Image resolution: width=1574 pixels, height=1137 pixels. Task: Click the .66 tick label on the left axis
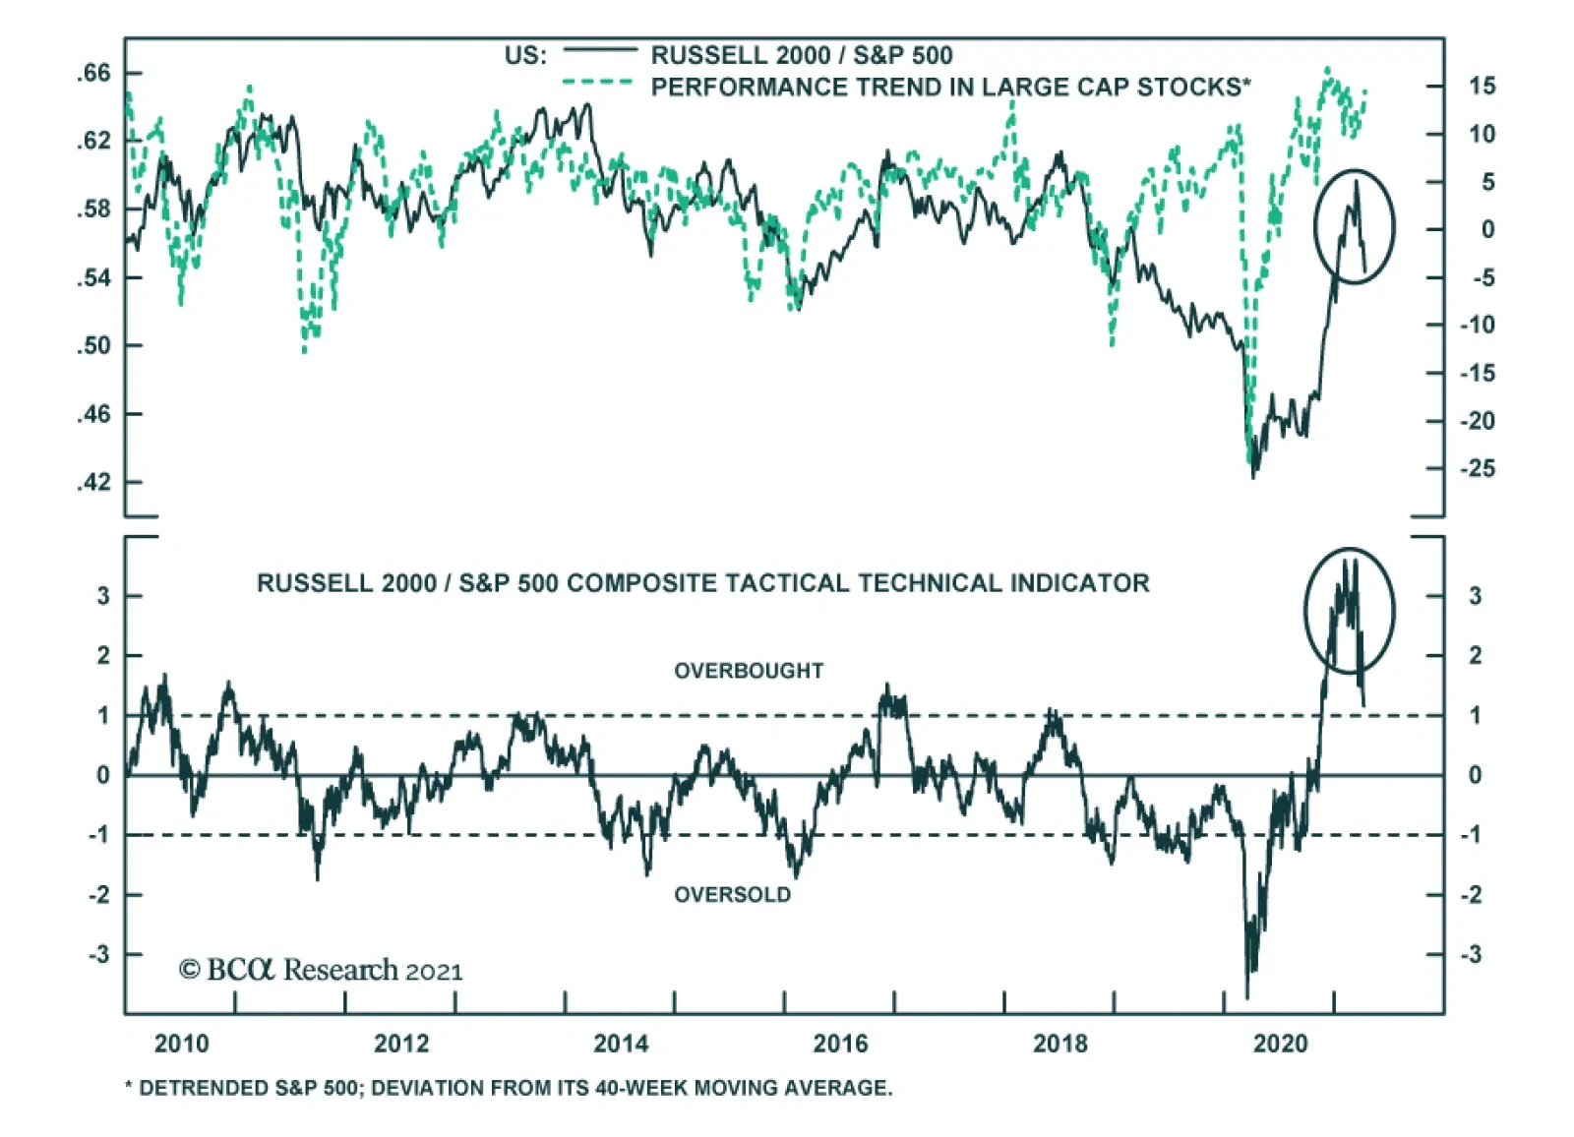point(94,74)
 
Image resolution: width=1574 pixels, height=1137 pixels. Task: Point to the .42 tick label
point(94,482)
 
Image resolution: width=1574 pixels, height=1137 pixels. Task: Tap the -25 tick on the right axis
point(1477,468)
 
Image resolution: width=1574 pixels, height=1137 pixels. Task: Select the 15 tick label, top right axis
point(1482,87)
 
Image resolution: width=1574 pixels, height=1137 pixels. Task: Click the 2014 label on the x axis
point(621,1044)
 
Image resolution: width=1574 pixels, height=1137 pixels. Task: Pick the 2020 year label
point(1280,1044)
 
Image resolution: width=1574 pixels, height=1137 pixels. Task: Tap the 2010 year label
point(182,1044)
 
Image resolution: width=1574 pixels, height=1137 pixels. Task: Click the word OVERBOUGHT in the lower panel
point(749,671)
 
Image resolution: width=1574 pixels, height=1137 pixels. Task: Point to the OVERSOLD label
point(732,895)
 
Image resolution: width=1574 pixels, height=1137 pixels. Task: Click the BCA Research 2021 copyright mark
point(321,971)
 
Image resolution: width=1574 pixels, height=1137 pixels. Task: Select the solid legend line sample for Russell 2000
point(600,49)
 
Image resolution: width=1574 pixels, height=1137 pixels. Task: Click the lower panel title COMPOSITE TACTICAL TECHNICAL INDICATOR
point(702,583)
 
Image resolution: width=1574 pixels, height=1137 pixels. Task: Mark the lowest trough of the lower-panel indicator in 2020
point(1247,997)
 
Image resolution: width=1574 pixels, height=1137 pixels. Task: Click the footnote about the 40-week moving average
point(509,1088)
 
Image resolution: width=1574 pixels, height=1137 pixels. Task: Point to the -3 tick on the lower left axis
point(100,955)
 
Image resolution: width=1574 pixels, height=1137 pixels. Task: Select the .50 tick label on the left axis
point(94,346)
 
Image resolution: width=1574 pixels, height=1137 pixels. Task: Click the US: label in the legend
point(525,55)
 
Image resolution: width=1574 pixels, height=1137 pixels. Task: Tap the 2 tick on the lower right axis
point(1475,656)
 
